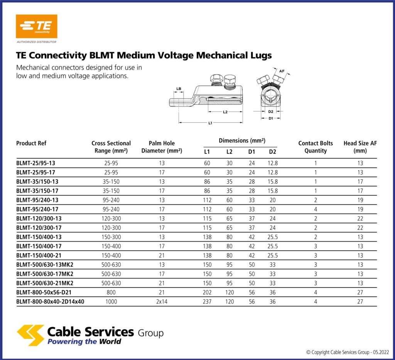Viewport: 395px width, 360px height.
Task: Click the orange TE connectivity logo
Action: (36, 26)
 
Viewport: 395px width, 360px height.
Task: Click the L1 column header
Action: (207, 152)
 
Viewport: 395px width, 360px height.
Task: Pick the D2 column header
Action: (272, 152)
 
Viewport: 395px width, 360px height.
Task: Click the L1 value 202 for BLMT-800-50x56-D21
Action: (207, 293)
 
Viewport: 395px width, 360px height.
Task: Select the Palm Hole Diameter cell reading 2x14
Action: (161, 302)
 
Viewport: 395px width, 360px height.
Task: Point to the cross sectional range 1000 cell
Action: (111, 302)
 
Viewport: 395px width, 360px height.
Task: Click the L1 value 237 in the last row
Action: (207, 302)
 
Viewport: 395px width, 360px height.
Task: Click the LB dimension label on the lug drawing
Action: (179, 89)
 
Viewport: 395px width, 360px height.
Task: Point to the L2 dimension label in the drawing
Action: (225, 112)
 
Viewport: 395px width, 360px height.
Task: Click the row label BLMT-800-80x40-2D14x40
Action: (50, 302)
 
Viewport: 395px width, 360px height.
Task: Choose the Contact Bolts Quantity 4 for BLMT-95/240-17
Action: (316, 209)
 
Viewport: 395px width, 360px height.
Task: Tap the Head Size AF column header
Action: (360, 147)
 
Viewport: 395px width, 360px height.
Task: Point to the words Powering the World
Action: (84, 342)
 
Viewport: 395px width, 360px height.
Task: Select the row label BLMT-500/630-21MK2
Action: (45, 283)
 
